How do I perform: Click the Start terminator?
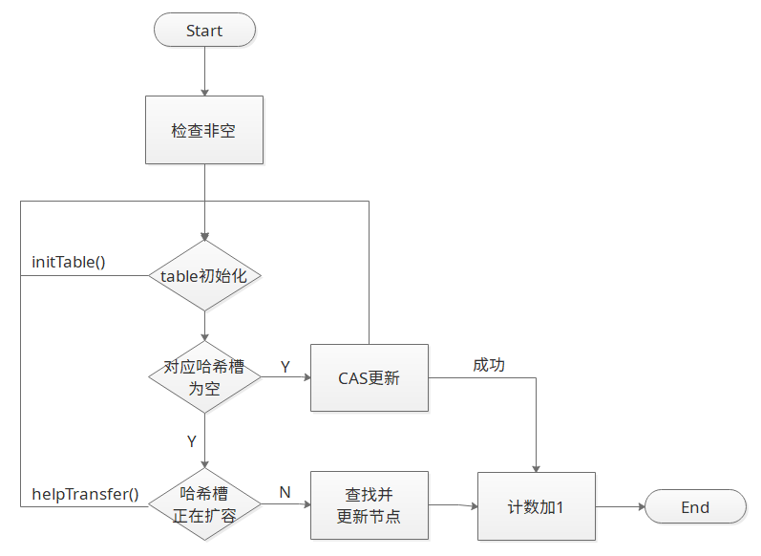point(204,30)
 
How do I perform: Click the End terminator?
point(695,507)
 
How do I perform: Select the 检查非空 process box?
point(204,130)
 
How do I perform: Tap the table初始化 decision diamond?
point(204,275)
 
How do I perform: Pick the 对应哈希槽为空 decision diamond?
point(204,376)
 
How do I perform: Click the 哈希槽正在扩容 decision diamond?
point(204,505)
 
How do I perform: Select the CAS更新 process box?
point(370,377)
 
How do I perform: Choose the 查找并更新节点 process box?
point(370,505)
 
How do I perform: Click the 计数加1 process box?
point(536,507)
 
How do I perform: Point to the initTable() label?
point(69,262)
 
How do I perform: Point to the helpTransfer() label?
point(85,494)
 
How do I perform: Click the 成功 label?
point(488,365)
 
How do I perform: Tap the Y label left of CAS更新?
point(285,366)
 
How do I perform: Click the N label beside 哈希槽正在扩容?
point(285,492)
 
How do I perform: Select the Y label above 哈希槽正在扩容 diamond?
point(191,441)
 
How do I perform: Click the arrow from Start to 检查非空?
point(204,71)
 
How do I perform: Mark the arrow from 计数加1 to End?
point(620,507)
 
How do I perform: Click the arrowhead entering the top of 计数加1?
point(536,466)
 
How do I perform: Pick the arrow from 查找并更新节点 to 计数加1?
point(453,505)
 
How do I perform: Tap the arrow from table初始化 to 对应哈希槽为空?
point(204,327)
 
